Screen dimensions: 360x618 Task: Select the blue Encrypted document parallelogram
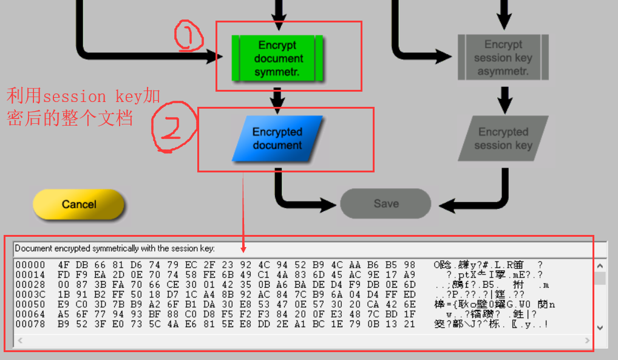(x=277, y=138)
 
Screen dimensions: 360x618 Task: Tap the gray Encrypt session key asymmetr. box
(x=503, y=58)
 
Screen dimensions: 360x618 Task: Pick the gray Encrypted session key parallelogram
(x=503, y=138)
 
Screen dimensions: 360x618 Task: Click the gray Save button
(x=385, y=204)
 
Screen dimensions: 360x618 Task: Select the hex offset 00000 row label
(x=30, y=265)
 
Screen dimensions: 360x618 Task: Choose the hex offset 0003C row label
(x=30, y=294)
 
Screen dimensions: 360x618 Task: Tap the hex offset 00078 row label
(x=30, y=324)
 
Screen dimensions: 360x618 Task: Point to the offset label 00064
(x=30, y=314)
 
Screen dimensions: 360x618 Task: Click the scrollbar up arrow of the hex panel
(x=600, y=266)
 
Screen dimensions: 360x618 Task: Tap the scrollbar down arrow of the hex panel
(x=600, y=328)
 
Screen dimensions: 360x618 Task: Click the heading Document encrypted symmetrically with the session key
(x=115, y=248)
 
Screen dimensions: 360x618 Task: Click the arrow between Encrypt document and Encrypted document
(x=277, y=97)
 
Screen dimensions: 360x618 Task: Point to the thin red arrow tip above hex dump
(x=243, y=250)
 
